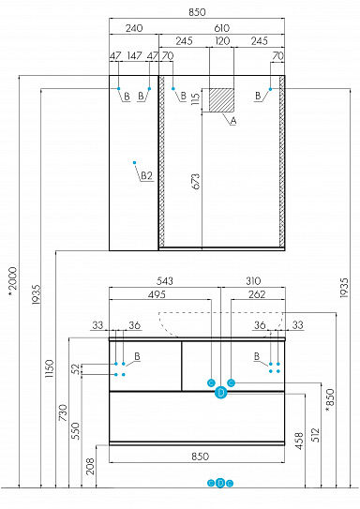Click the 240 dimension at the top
coord(133,28)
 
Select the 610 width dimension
coord(221,28)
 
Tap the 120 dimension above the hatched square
coord(221,41)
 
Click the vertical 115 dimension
coord(196,100)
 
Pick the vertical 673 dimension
coord(197,182)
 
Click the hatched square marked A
coord(221,100)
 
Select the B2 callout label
coord(146,175)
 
